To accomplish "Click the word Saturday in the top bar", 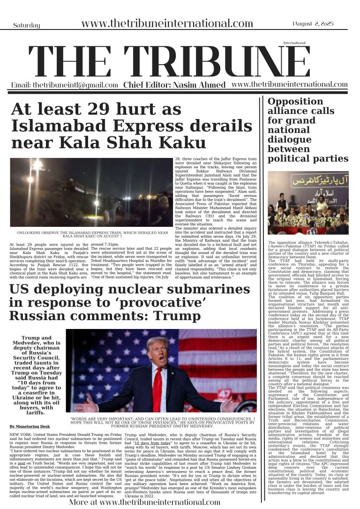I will [x=26, y=25].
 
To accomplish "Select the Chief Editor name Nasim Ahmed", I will [x=199, y=85].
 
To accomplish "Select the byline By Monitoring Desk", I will [x=30, y=427].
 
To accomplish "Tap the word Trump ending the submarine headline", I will [x=174, y=316].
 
